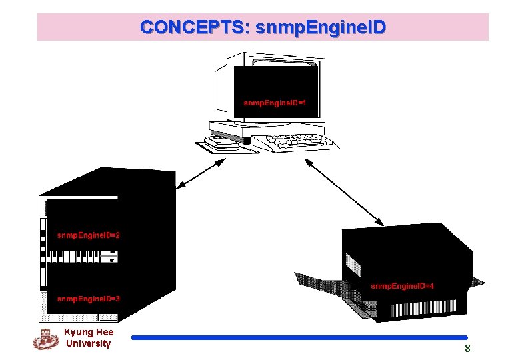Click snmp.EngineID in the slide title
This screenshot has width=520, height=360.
click(x=320, y=27)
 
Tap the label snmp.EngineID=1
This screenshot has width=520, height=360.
click(x=275, y=103)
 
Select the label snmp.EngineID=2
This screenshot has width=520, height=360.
click(x=89, y=235)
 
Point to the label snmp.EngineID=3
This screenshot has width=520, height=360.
click(x=89, y=299)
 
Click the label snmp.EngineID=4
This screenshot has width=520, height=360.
click(x=403, y=286)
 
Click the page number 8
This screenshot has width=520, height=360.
click(x=467, y=349)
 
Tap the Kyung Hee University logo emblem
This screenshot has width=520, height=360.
click(x=45, y=339)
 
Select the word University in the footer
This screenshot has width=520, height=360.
click(x=88, y=343)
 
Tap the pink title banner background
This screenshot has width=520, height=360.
click(x=453, y=27)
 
